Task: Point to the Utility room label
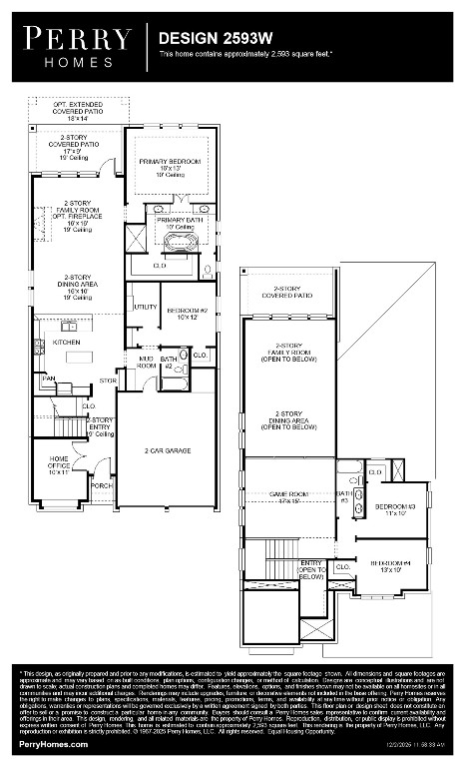point(145,307)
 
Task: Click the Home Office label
point(59,465)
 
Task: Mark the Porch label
point(102,485)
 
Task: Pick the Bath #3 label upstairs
point(343,496)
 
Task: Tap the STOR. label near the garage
point(108,381)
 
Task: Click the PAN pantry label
point(48,379)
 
